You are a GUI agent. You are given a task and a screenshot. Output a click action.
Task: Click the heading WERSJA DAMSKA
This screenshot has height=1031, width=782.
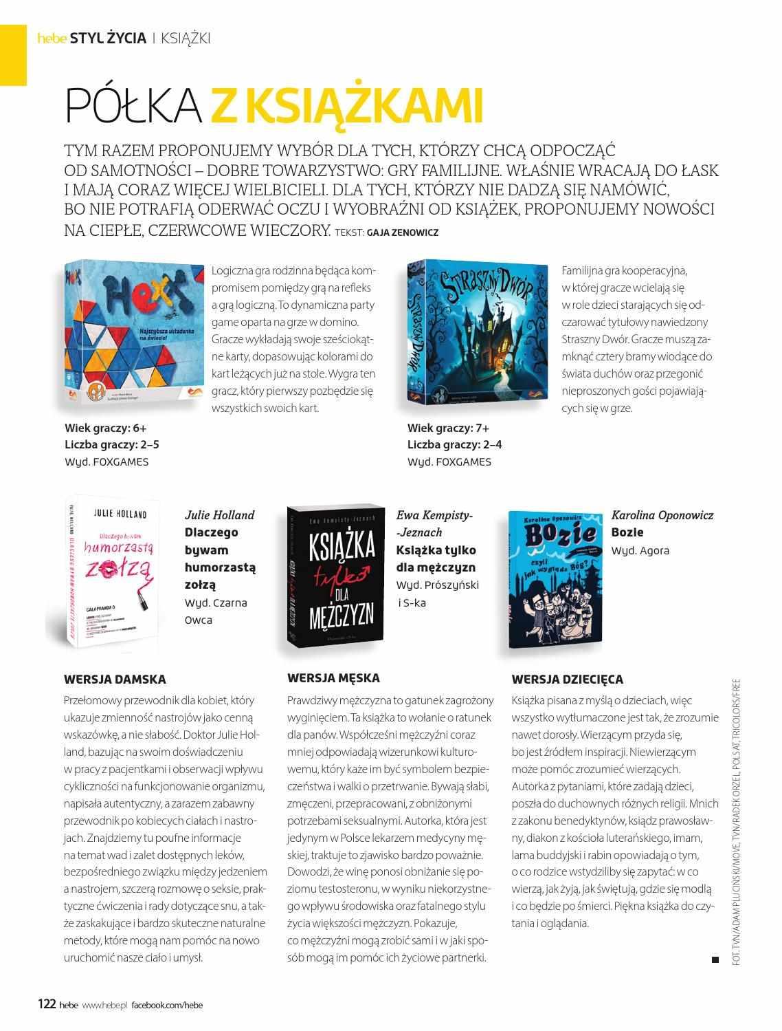(115, 679)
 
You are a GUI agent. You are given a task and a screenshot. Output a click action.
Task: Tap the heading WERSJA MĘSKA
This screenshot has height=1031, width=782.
(333, 678)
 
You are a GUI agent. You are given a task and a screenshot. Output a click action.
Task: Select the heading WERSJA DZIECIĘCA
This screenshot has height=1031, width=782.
(567, 679)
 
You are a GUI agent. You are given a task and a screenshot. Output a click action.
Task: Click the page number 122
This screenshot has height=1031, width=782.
(46, 1004)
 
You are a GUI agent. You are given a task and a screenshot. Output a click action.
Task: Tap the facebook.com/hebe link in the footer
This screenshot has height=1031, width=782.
(168, 1005)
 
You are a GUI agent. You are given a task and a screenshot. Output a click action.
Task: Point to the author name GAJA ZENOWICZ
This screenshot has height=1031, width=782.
(403, 232)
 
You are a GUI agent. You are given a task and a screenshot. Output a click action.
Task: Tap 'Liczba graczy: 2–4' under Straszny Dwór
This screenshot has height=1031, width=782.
(454, 444)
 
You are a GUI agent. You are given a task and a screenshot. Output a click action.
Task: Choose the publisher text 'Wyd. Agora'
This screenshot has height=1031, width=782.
(640, 550)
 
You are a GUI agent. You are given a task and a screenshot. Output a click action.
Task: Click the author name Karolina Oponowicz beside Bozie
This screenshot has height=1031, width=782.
(662, 515)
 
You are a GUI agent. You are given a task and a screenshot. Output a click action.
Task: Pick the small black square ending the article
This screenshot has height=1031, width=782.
(715, 959)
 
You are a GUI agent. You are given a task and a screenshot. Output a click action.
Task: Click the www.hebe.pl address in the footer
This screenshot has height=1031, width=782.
(104, 1005)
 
